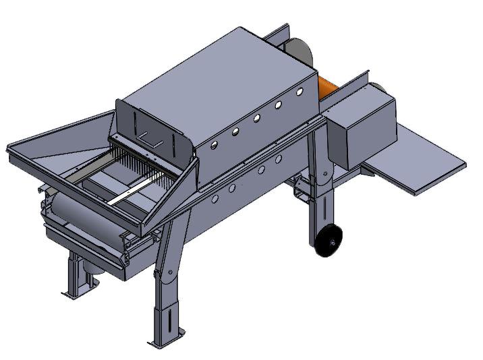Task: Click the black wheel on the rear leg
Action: (329, 241)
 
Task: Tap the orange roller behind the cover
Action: (326, 88)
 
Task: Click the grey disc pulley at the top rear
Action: (297, 50)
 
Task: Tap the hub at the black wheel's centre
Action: (331, 239)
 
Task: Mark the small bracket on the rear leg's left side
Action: (300, 193)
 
